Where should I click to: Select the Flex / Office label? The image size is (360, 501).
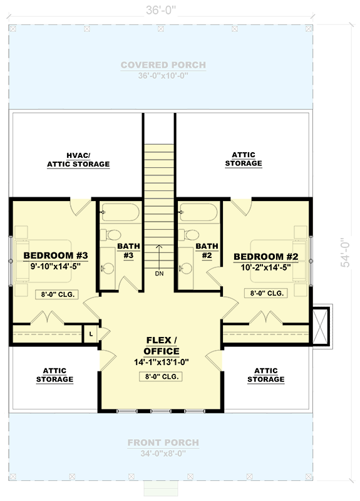pos(163,346)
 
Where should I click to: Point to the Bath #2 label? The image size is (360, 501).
pos(205,251)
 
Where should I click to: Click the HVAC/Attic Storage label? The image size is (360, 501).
pos(78,160)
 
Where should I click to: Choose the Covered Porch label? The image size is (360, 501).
pos(163,65)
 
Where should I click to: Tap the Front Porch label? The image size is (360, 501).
pos(163,443)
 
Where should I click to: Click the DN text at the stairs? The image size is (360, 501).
pos(159,273)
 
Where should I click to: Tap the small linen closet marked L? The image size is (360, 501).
pos(91,334)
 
